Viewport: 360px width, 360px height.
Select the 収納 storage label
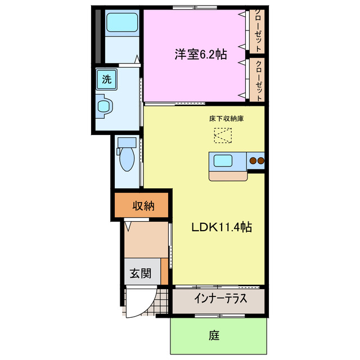click(x=143, y=206)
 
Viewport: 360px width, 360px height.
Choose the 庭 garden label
click(x=214, y=336)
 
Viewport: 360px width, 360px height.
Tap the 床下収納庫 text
click(x=226, y=119)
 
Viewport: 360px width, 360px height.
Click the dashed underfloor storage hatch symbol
click(x=222, y=136)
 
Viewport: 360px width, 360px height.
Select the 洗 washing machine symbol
click(x=106, y=79)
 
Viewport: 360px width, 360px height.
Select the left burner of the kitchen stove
click(x=253, y=161)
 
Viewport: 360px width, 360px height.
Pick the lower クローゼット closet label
click(x=258, y=80)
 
